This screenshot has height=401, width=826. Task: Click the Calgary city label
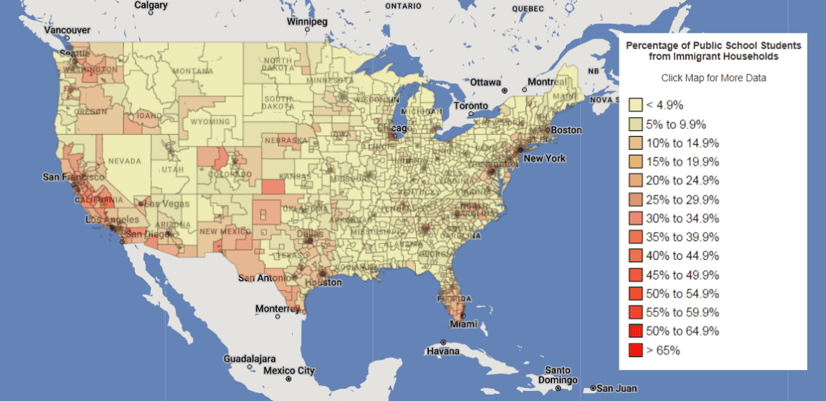pyautogui.click(x=151, y=5)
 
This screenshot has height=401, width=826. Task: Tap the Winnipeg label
pyautogui.click(x=306, y=22)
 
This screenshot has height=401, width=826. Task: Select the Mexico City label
pyautogui.click(x=289, y=371)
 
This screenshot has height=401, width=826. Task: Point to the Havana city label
pyautogui.click(x=443, y=351)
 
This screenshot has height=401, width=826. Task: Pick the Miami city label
pyautogui.click(x=463, y=324)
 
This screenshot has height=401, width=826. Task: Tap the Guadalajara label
pyautogui.click(x=248, y=358)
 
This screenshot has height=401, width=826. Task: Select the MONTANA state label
pyautogui.click(x=193, y=72)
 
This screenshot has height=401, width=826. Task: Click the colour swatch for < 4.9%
pyautogui.click(x=635, y=106)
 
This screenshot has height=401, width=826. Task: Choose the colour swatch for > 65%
pyautogui.click(x=635, y=350)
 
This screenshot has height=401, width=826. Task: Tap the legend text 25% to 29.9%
pyautogui.click(x=683, y=200)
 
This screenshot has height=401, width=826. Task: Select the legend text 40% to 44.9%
pyautogui.click(x=683, y=256)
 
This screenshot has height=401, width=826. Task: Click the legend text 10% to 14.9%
pyautogui.click(x=683, y=162)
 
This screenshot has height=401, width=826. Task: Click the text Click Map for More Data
pyautogui.click(x=713, y=78)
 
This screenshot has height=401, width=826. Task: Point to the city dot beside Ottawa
pyautogui.click(x=504, y=90)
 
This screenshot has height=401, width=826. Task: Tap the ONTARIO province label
pyautogui.click(x=403, y=6)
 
